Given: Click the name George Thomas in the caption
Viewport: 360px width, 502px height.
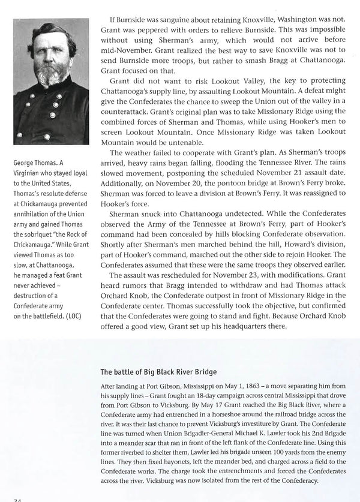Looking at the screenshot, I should click(38, 162).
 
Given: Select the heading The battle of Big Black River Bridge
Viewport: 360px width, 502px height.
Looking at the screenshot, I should click(158, 371).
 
